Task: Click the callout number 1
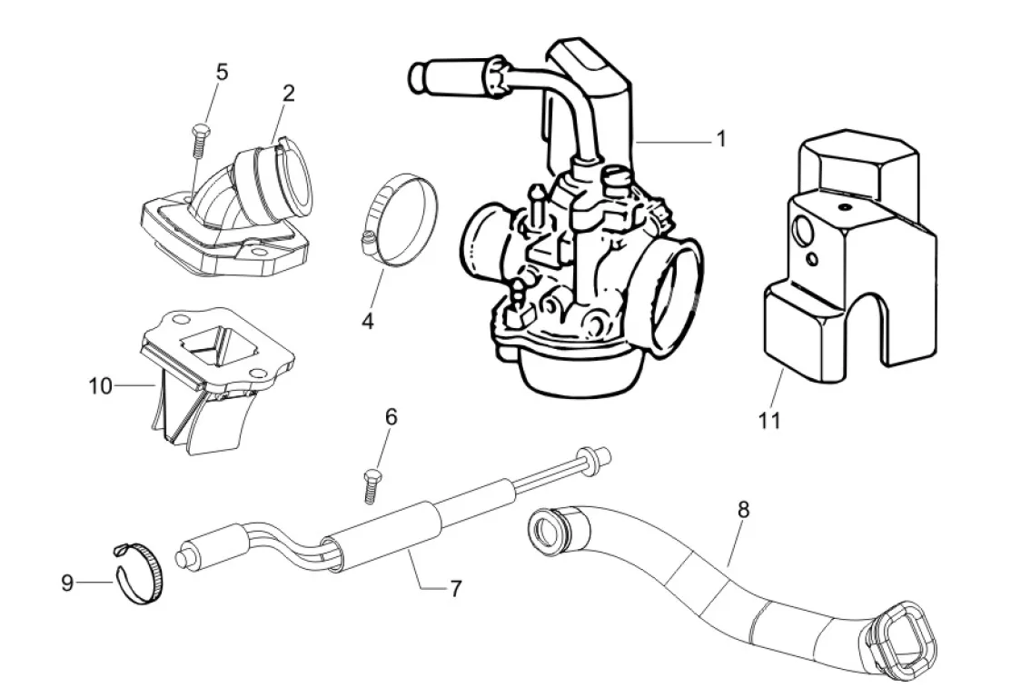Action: pyautogui.click(x=721, y=139)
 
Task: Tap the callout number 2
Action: pyautogui.click(x=289, y=94)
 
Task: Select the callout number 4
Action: pyautogui.click(x=368, y=321)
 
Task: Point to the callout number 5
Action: pyautogui.click(x=222, y=72)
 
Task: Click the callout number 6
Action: pyautogui.click(x=391, y=416)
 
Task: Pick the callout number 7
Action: pyautogui.click(x=456, y=589)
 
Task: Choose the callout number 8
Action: pyautogui.click(x=743, y=509)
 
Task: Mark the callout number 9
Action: pyautogui.click(x=67, y=582)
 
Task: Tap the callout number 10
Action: pyautogui.click(x=100, y=386)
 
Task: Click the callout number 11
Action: pyautogui.click(x=769, y=421)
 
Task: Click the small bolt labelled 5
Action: pyautogui.click(x=199, y=140)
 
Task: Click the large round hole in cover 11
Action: pyautogui.click(x=802, y=229)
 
